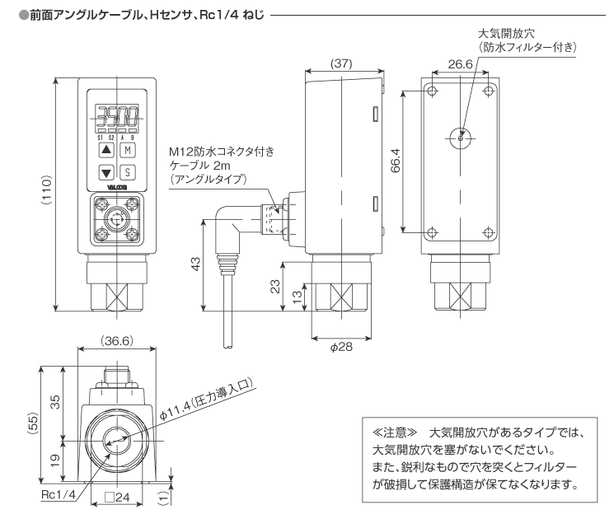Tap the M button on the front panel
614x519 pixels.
127,150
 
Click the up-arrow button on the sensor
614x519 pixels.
105,150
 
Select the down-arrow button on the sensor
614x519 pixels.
105,173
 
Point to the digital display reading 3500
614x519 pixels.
115,115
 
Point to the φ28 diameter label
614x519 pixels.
341,348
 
